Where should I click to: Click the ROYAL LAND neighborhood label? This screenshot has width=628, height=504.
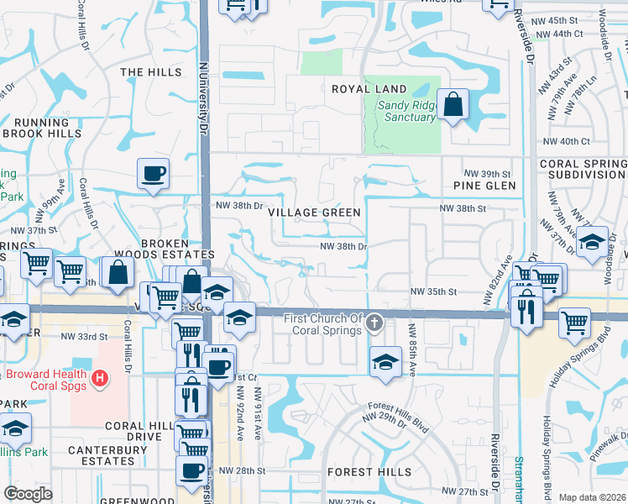(369, 89)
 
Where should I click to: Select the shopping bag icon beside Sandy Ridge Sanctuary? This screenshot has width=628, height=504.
(453, 106)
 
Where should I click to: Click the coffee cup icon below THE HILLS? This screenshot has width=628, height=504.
(154, 174)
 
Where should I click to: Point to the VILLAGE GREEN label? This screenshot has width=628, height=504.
(315, 213)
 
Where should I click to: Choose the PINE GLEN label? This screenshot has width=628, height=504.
(478, 185)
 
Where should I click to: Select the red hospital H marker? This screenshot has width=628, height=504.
(100, 379)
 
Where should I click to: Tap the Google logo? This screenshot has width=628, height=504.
(28, 494)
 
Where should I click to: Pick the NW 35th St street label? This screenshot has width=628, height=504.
(432, 291)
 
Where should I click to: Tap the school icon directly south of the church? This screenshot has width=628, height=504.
(385, 362)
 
